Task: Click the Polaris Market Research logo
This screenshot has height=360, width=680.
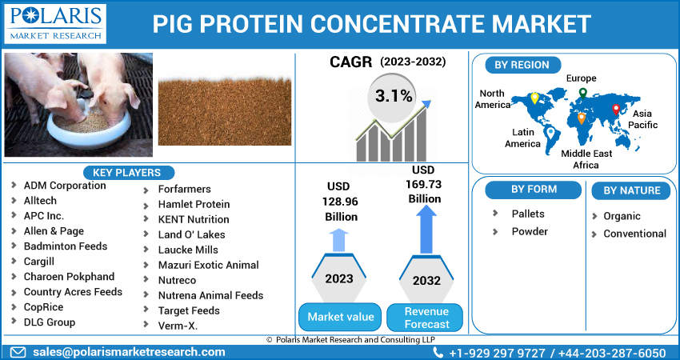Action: pos(54,24)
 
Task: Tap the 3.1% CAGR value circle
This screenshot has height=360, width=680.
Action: pos(393,97)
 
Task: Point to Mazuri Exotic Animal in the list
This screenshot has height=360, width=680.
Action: pos(208,265)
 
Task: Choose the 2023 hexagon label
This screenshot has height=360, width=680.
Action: pos(340,278)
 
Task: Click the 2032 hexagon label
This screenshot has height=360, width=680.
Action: pos(426,281)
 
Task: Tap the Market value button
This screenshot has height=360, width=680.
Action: pos(340,317)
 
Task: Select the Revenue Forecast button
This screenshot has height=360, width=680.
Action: pos(426,317)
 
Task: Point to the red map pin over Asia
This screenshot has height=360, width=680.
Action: pos(615,110)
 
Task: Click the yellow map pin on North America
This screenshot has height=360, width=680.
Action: pos(534,98)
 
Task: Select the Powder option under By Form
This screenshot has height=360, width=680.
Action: pos(530,231)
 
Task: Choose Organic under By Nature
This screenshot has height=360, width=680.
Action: pos(622,216)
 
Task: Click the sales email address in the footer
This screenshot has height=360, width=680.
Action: pos(128,352)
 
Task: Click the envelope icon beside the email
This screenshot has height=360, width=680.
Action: pos(18,352)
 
